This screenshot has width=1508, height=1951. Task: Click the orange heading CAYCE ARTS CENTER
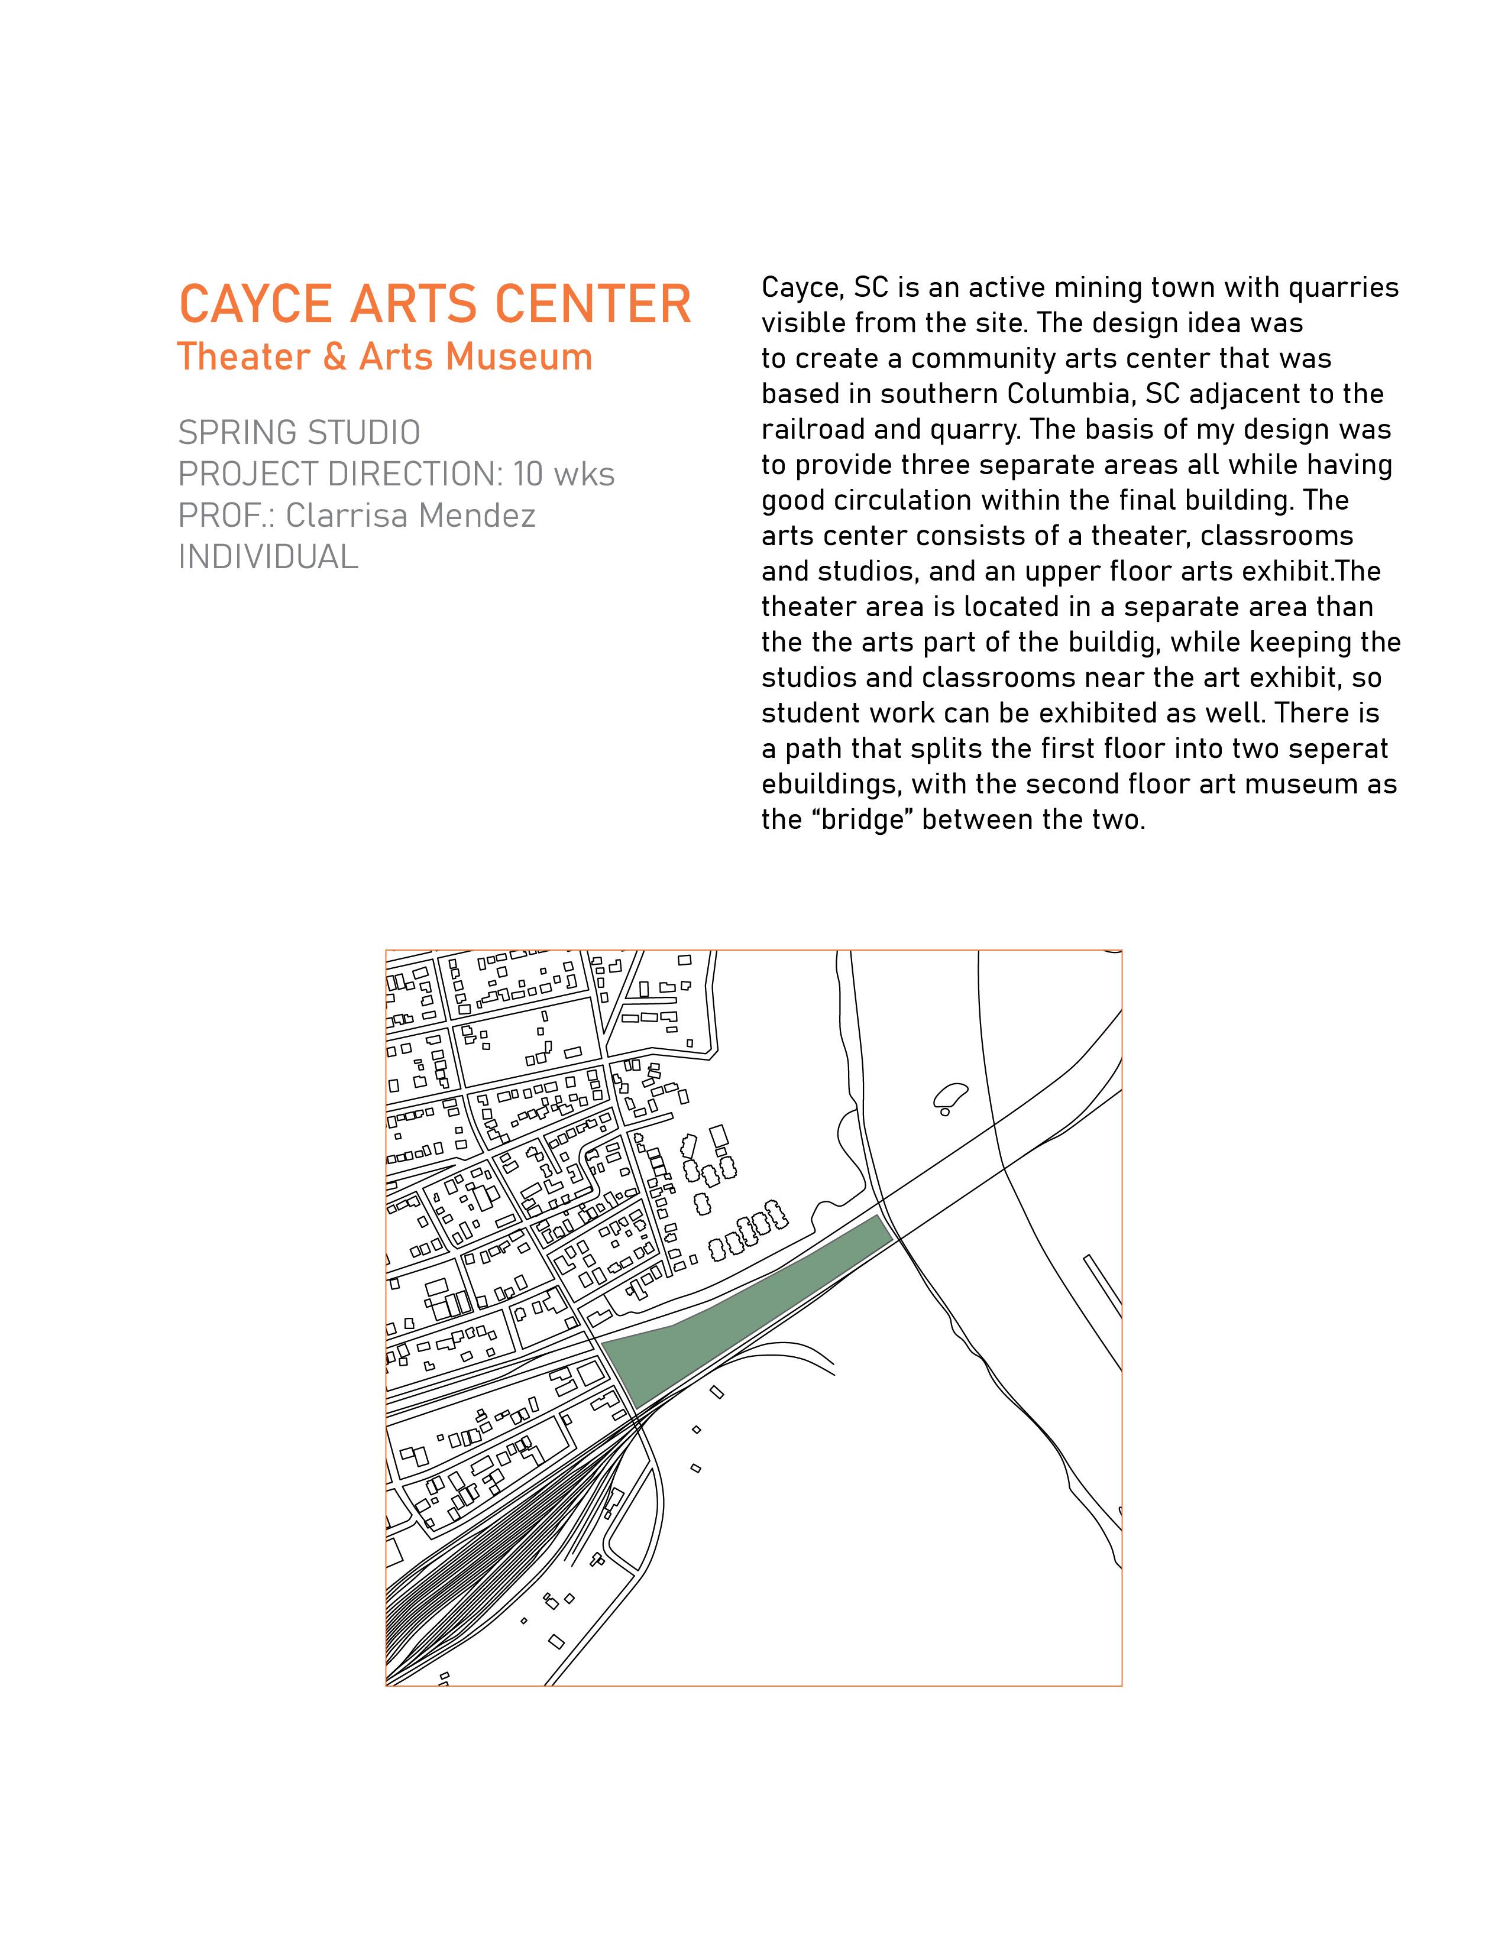coord(435,304)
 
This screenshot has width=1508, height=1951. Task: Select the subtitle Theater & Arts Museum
coord(385,357)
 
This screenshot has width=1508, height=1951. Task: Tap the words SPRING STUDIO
coord(299,433)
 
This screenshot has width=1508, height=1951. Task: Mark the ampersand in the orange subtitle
coord(334,357)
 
